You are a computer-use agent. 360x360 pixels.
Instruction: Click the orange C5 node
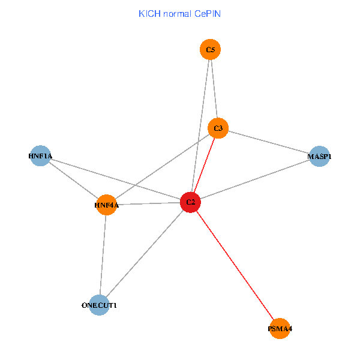click(210, 49)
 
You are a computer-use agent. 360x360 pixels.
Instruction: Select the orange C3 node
click(218, 128)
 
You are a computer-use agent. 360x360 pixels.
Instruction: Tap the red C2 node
click(191, 202)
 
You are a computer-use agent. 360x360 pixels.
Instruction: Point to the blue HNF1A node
click(40, 155)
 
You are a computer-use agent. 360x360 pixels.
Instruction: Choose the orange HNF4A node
click(107, 205)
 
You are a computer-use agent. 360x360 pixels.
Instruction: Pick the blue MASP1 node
click(319, 156)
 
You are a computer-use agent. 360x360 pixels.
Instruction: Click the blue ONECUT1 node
click(99, 305)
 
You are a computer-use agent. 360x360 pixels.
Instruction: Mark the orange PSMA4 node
click(280, 328)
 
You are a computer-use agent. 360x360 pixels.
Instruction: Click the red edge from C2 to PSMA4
click(235, 265)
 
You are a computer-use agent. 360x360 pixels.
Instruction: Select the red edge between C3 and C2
click(205, 166)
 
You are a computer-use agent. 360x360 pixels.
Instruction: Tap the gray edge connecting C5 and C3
click(214, 89)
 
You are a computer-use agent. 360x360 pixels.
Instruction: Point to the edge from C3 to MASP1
click(269, 142)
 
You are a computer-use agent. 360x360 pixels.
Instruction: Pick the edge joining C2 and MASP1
click(255, 179)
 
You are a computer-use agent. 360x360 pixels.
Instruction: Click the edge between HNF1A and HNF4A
click(73, 180)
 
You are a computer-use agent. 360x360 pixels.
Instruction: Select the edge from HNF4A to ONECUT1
click(103, 255)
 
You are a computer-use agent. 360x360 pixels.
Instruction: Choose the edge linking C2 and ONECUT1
click(145, 254)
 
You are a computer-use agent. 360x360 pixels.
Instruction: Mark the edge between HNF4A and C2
click(149, 203)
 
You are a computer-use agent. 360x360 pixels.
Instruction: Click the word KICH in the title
click(149, 14)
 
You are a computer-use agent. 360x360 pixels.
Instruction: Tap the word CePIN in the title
click(208, 14)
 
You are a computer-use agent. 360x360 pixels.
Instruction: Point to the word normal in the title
click(177, 14)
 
